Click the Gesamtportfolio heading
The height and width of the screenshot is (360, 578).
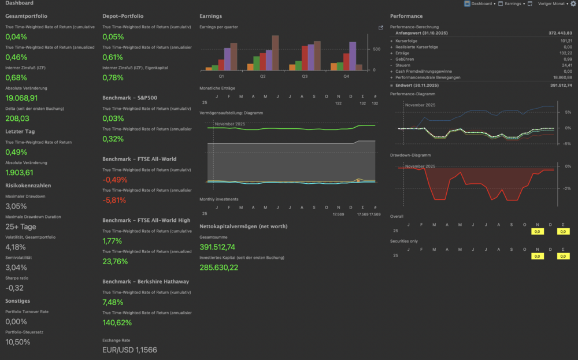click(x=26, y=16)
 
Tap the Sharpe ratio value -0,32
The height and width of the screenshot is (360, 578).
click(x=14, y=288)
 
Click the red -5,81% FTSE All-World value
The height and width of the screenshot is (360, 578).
click(x=115, y=200)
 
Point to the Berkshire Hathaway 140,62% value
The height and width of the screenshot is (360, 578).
click(x=117, y=322)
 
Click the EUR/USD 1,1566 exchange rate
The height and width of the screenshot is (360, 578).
click(x=129, y=350)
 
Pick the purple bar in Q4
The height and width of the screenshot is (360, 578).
click(x=353, y=56)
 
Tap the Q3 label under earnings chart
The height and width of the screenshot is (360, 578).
click(x=305, y=76)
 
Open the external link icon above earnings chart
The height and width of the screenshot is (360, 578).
click(x=380, y=28)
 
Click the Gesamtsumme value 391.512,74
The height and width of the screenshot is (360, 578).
click(x=217, y=247)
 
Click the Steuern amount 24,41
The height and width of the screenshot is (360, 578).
click(x=566, y=65)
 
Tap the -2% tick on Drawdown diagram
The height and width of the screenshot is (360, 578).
click(x=567, y=188)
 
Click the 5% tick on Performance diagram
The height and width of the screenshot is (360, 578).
click(x=568, y=112)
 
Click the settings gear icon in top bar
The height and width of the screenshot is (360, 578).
click(x=573, y=3)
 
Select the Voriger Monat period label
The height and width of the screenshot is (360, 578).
click(x=551, y=3)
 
